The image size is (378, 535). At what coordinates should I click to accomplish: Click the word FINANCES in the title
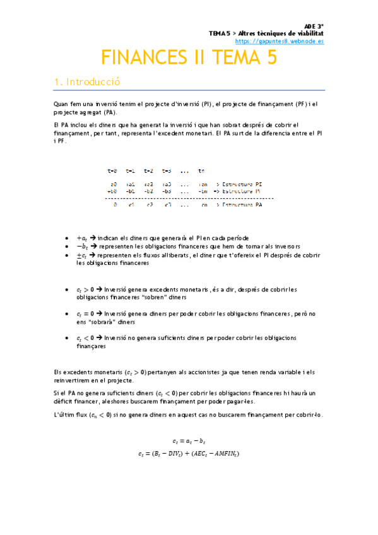tap(143, 58)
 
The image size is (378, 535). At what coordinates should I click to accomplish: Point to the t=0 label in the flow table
tap(112, 170)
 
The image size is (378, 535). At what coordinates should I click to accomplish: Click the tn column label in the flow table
tap(201, 170)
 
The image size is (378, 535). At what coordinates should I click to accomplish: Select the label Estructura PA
tap(240, 204)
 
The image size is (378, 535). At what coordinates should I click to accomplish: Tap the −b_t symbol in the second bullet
tap(81, 246)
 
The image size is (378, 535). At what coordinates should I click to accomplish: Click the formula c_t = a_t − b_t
tap(189, 440)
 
